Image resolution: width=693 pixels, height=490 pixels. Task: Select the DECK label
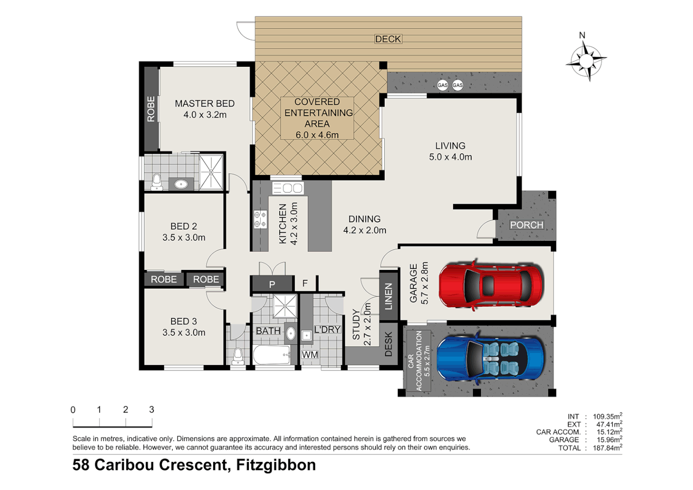(388, 39)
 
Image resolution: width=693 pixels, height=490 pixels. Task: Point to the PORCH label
(526, 225)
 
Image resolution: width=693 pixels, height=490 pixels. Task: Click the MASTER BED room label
(205, 104)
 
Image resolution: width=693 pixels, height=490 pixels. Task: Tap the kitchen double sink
(288, 187)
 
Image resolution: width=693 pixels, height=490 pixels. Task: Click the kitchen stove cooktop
(260, 219)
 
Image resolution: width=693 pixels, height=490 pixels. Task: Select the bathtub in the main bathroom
(272, 355)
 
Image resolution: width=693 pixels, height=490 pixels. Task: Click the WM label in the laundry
(310, 355)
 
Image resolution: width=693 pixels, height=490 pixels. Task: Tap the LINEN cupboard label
(388, 296)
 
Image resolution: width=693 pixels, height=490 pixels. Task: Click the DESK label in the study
(388, 344)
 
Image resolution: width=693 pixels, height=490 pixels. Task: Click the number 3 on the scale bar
(151, 410)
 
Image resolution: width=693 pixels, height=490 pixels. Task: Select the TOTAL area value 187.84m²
(607, 448)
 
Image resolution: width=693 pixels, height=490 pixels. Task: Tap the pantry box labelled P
(272, 284)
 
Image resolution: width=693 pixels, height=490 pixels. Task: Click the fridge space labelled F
(305, 283)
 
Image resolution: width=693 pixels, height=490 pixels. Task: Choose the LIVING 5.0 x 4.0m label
(450, 151)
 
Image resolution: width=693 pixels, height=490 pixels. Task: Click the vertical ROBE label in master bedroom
(151, 109)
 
